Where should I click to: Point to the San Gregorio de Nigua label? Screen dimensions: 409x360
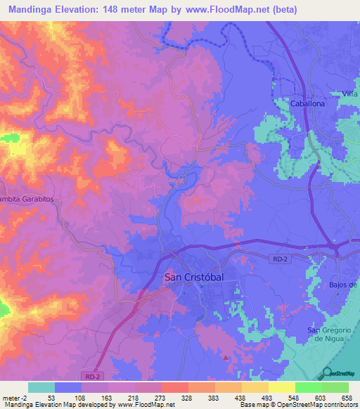(333, 335)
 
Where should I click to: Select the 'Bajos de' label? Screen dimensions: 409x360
(343, 285)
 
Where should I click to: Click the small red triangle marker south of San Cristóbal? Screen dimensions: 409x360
(225, 356)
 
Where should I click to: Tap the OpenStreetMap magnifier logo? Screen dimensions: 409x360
(326, 372)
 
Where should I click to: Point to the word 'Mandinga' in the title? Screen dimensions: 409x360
(32, 10)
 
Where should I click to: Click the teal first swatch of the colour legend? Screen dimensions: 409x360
(41, 387)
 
